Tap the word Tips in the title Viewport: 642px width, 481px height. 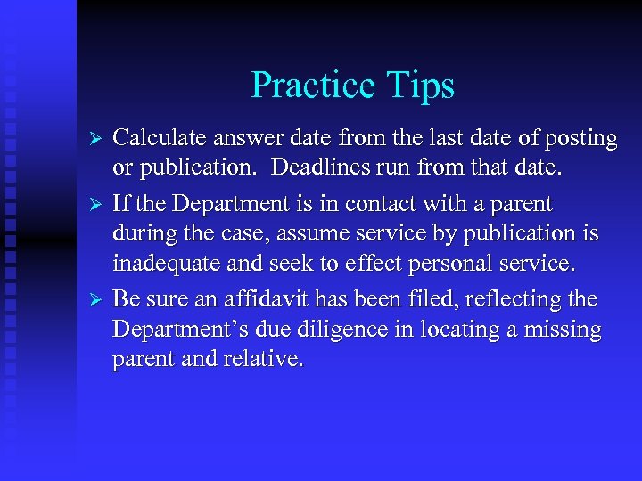[x=422, y=86]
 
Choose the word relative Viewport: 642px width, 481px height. [x=268, y=360]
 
